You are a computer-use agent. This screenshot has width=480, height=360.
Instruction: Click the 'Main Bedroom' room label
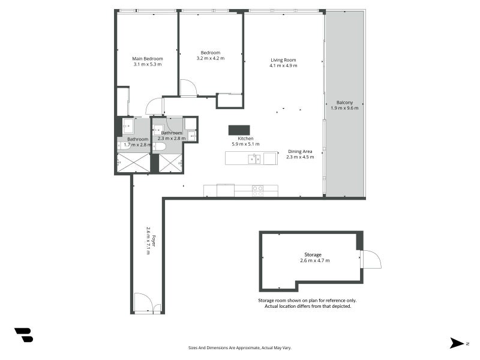click(147, 59)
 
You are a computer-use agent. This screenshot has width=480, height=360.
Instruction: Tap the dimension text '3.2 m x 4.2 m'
click(210, 59)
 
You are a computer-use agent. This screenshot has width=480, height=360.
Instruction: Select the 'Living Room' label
click(283, 59)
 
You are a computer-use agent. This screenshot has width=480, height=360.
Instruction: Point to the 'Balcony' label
click(344, 102)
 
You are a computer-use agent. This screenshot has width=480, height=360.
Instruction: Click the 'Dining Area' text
click(300, 152)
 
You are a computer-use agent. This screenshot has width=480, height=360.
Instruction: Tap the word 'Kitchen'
click(245, 139)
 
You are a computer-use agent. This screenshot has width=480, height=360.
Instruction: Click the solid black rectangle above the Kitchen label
click(239, 130)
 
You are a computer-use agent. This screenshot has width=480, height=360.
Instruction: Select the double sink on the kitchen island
click(255, 159)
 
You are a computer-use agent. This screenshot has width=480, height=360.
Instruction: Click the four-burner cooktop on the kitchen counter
click(257, 191)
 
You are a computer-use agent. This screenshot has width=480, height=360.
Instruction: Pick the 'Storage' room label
click(312, 254)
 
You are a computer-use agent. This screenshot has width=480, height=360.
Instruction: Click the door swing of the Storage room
click(371, 259)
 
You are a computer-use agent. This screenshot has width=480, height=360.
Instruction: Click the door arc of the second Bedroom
click(188, 88)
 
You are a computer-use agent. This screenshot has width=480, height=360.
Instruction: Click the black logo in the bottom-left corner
click(23, 335)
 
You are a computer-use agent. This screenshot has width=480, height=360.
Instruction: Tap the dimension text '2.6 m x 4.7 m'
click(314, 261)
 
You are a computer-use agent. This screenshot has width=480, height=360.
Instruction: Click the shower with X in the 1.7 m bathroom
click(133, 163)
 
